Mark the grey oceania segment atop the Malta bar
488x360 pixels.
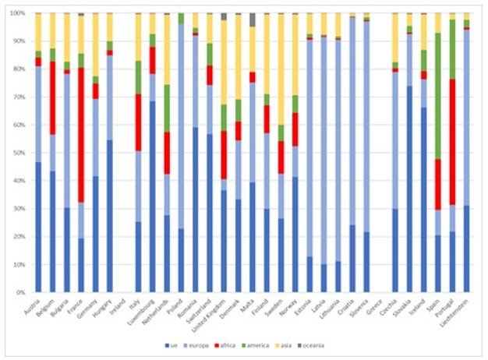(x=252, y=19)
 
